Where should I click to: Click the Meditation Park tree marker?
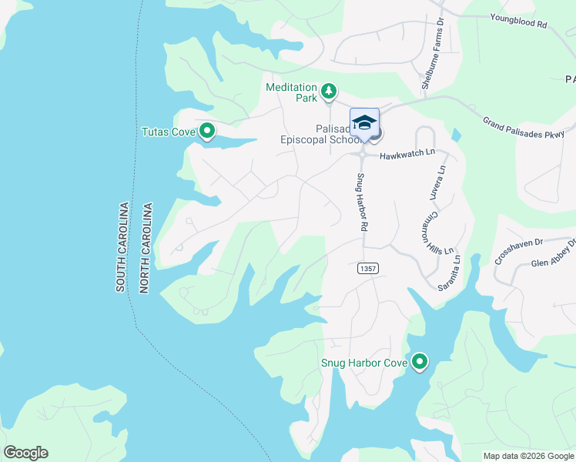coord(329,92)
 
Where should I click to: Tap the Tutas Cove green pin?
coord(206,132)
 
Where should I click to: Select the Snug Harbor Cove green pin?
coord(420,362)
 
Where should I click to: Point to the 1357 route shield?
coord(367,268)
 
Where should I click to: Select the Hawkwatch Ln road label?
coord(407,154)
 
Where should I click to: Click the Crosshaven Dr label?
coord(518,250)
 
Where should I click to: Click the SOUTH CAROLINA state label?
coord(122,247)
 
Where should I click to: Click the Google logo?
coord(25,453)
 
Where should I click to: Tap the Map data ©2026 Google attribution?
coord(528,456)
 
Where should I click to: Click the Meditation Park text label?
coord(292,92)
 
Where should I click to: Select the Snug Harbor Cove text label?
coord(363,363)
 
